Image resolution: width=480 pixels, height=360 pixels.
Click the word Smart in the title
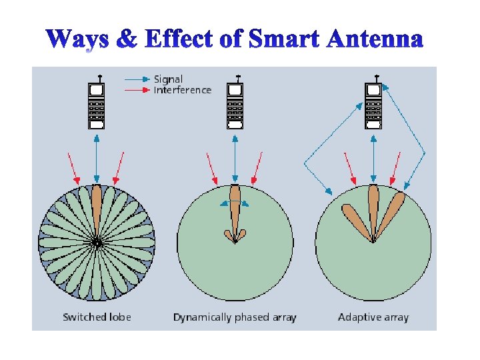(282, 40)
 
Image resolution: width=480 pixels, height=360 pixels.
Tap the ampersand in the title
(126, 40)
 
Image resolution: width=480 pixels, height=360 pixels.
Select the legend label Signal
(168, 79)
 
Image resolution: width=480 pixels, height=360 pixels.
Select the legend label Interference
(182, 90)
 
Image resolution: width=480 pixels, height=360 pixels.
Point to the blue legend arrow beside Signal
(137, 79)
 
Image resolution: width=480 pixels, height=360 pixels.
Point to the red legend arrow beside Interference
(137, 90)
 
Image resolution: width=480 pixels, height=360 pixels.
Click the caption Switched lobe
(97, 317)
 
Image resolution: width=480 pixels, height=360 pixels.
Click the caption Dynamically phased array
(235, 317)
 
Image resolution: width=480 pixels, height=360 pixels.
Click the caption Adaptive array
(373, 317)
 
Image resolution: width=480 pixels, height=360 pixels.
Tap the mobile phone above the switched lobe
(97, 105)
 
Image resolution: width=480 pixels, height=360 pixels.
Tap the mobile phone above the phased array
(235, 105)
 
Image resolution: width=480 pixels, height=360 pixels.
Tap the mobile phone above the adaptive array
(373, 105)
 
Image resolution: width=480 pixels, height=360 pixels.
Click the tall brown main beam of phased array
(235, 207)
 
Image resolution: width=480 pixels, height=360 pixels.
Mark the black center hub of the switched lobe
(97, 243)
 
